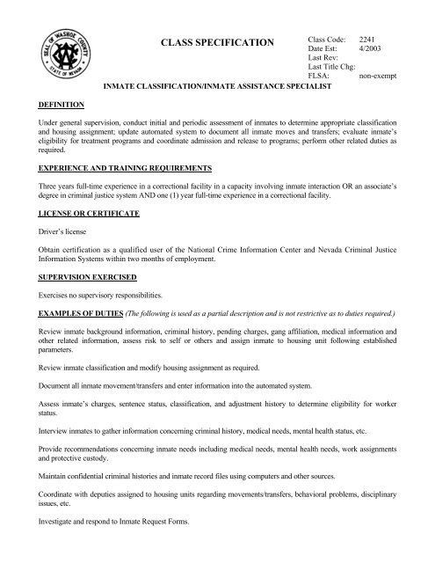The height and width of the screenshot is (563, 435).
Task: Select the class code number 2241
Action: (x=373, y=40)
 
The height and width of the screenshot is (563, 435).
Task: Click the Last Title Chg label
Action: (x=333, y=69)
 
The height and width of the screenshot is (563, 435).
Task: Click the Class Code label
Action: (x=326, y=40)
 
